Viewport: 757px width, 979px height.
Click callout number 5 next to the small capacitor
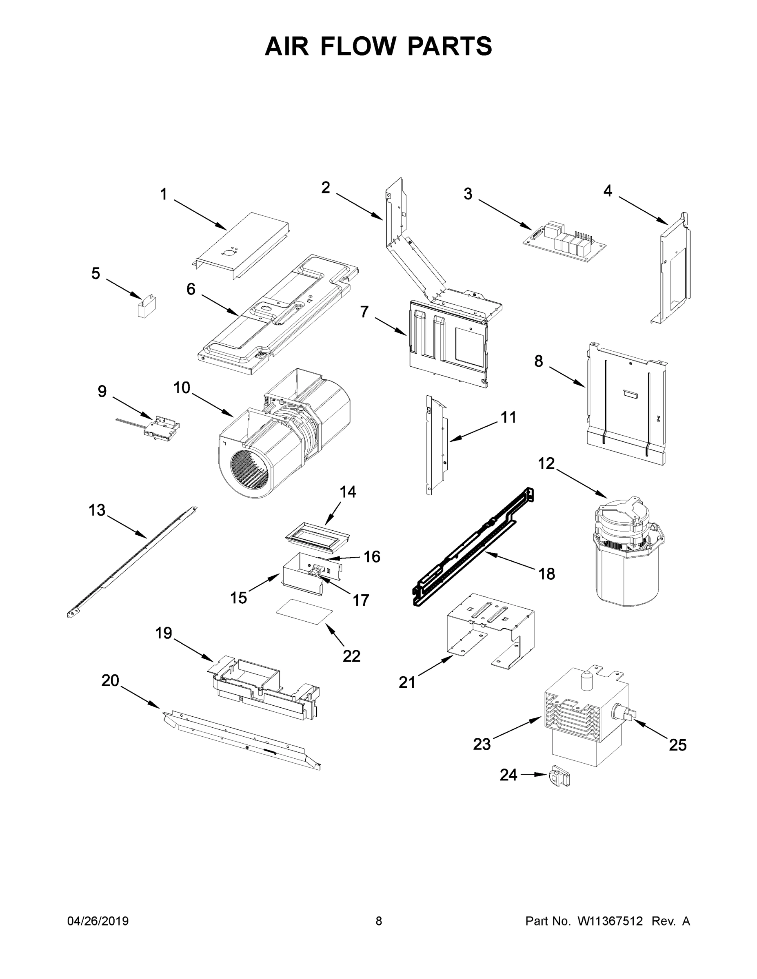[95, 273]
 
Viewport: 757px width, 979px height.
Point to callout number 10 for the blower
[182, 388]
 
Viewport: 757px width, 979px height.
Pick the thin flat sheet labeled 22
[305, 611]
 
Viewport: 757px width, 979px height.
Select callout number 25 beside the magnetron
[677, 744]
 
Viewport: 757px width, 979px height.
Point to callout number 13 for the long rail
[97, 510]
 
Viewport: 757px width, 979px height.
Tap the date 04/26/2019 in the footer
[98, 921]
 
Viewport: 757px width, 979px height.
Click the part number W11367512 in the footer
[610, 921]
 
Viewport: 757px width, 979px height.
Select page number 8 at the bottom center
[379, 921]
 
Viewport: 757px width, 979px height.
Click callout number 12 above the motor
[546, 463]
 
